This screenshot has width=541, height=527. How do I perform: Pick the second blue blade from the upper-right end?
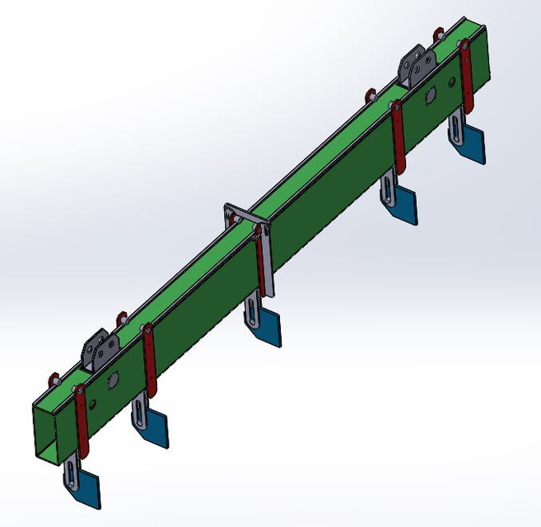tap(403, 205)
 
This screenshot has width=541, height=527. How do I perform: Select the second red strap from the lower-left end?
tap(149, 362)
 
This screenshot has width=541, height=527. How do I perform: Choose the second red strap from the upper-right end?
tap(399, 137)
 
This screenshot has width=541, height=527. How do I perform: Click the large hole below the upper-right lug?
tap(430, 97)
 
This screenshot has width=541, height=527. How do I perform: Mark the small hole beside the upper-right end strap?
tap(450, 82)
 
